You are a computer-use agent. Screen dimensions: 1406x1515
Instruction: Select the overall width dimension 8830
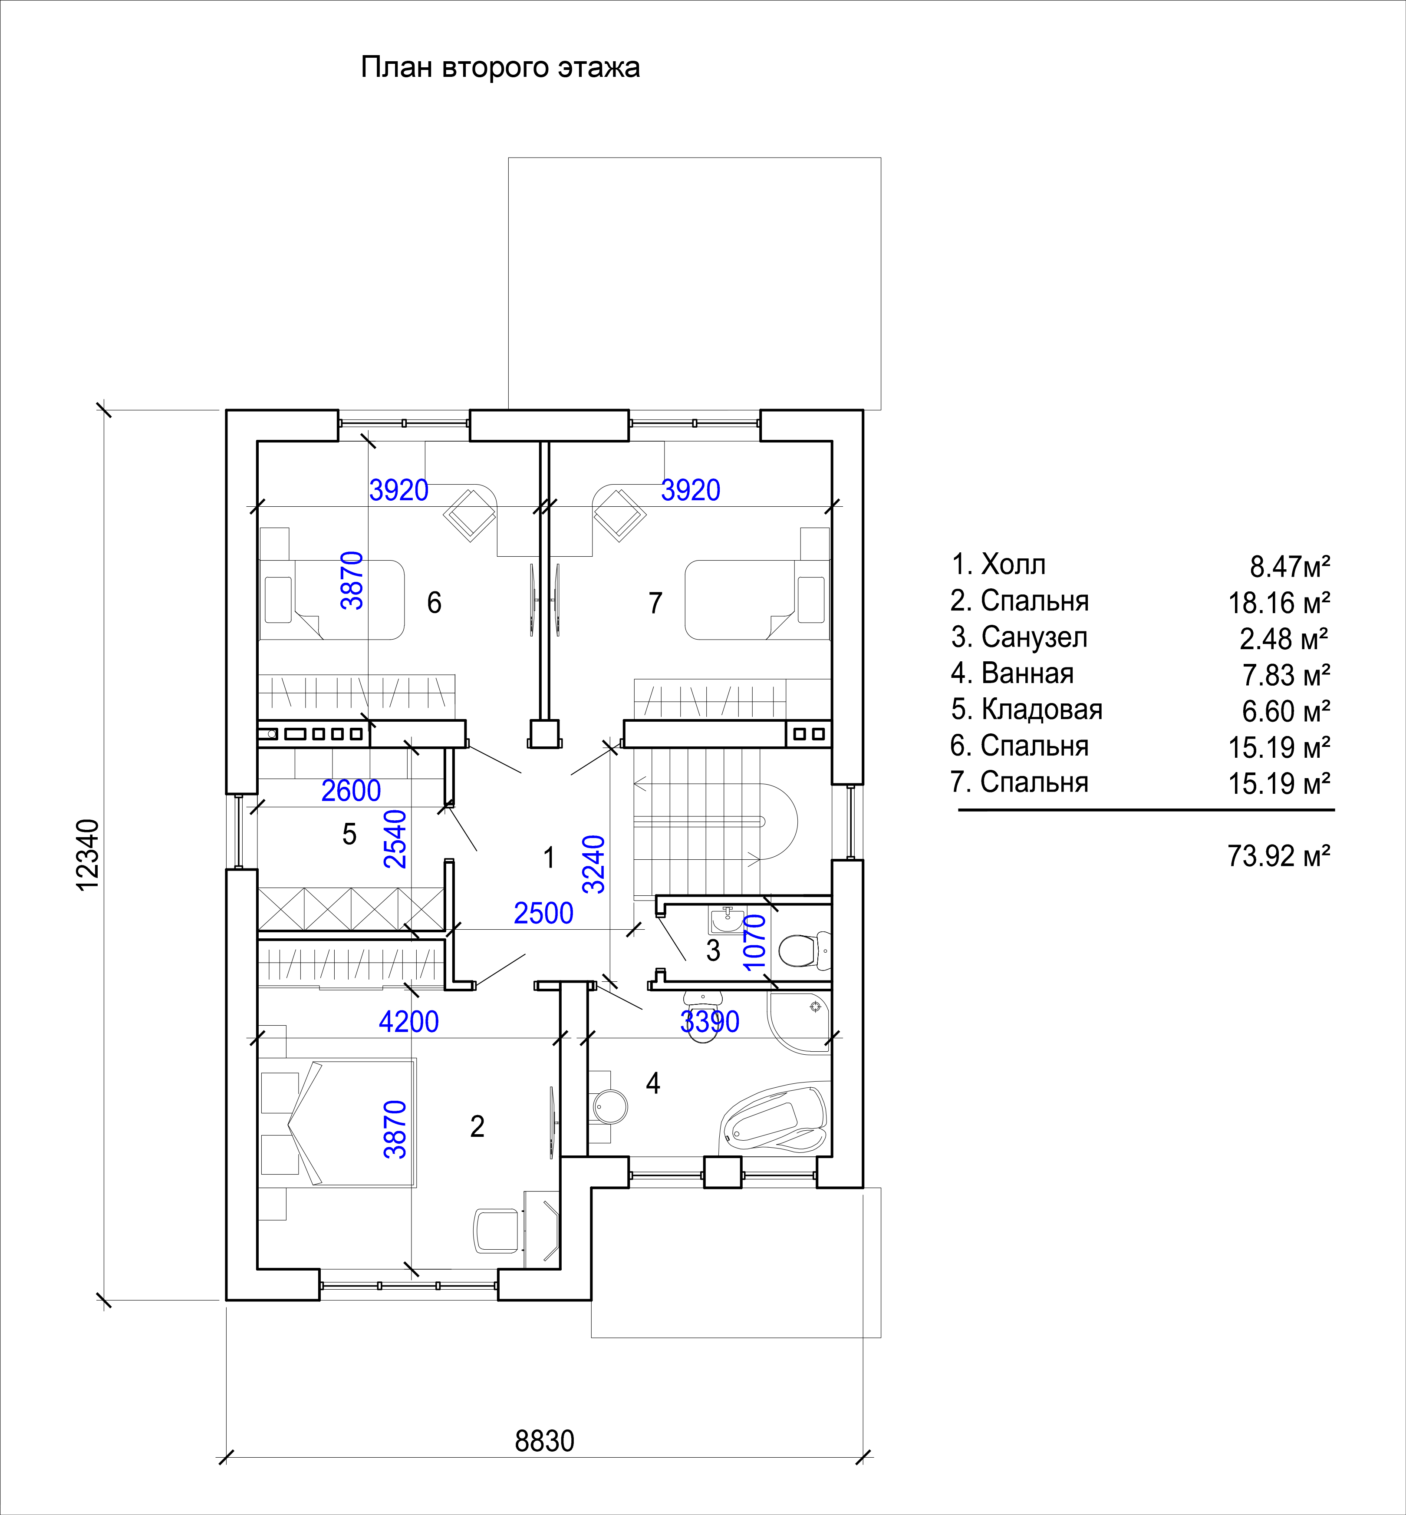point(545,1441)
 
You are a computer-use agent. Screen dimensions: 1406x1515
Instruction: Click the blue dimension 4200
point(408,1022)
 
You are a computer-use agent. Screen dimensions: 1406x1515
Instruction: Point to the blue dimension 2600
point(351,791)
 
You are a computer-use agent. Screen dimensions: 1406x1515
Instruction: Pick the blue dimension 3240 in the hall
point(593,865)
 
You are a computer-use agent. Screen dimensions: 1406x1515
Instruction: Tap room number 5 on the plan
point(349,835)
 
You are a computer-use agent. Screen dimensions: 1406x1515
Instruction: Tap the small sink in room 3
point(727,921)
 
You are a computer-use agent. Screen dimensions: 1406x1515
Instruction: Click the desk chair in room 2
point(496,1231)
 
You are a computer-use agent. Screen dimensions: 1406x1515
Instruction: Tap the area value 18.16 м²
point(1279,604)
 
